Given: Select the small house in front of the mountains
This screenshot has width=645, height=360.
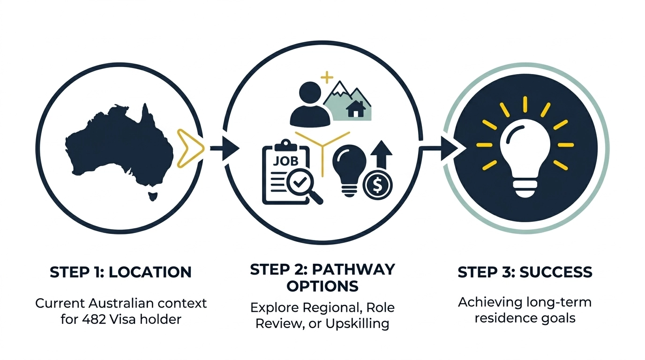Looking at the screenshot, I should (x=356, y=110).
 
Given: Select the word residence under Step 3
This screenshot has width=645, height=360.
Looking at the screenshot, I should (x=501, y=318).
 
